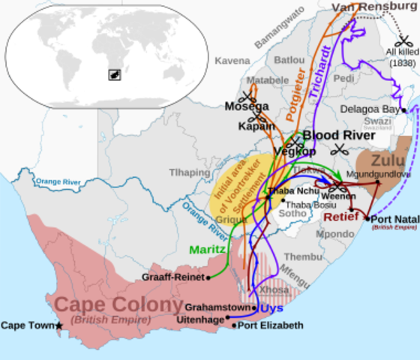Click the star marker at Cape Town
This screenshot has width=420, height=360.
[59, 325]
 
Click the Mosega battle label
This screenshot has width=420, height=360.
[246, 106]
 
